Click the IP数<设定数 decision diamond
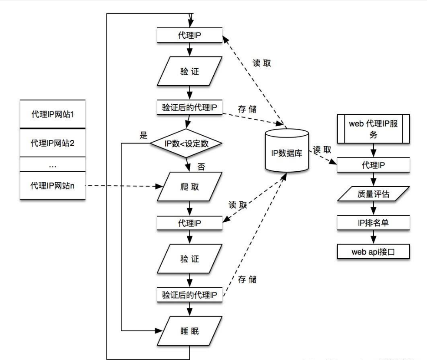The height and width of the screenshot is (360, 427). (187, 144)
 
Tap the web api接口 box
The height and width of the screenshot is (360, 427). (374, 251)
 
